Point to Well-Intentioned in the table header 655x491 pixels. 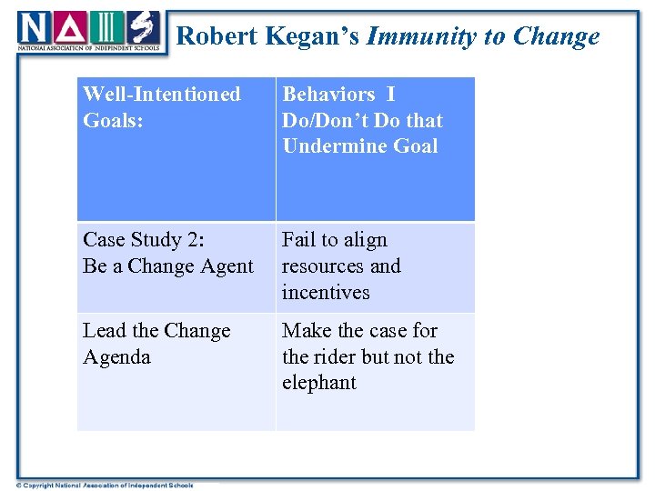[162, 95]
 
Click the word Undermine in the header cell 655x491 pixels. [329, 146]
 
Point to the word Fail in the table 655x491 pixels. [299, 240]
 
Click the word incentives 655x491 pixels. [326, 293]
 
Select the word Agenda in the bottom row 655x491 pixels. [116, 357]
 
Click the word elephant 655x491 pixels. [319, 383]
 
